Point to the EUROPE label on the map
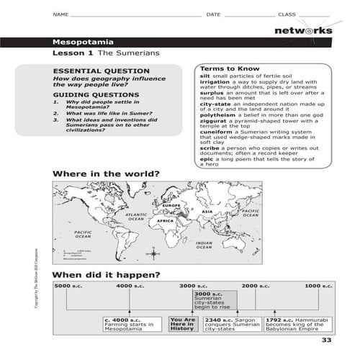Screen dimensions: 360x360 tap(171, 207)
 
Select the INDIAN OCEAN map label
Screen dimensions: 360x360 tap(204, 246)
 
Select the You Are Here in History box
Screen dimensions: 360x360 tap(182, 323)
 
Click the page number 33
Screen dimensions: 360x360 tap(326, 341)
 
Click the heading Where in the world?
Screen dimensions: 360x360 tap(105, 174)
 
